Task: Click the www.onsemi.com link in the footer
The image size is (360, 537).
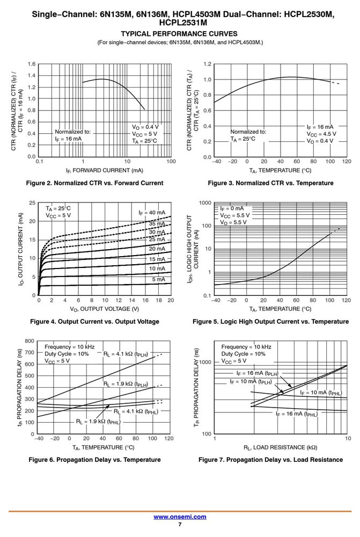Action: coord(180,517)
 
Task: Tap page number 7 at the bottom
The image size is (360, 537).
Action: coord(180,525)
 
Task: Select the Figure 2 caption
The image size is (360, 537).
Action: coord(95,183)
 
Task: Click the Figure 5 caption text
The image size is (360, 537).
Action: coord(271,321)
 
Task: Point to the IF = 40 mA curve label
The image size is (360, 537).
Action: coord(152,213)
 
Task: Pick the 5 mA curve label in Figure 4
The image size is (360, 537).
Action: coord(158,279)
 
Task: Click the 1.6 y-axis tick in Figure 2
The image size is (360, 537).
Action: coord(32,64)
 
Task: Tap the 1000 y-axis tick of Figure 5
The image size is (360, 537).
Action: coord(205,203)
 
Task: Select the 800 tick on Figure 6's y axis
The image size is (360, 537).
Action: coord(30,341)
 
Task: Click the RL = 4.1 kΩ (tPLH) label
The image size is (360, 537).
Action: coord(126,354)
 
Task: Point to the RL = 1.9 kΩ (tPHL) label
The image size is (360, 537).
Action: coord(98,422)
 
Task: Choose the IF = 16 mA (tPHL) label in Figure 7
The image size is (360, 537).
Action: coord(297,414)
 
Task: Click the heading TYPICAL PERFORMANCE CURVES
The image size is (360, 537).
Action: coord(179,33)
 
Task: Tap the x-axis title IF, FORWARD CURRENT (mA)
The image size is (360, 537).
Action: coord(105,170)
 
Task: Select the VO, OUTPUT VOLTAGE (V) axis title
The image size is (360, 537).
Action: coord(105,309)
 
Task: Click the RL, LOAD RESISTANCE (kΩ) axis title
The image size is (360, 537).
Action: coord(280,447)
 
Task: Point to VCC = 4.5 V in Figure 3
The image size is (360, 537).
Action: coord(321,134)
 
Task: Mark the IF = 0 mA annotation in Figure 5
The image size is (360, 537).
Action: coord(232,208)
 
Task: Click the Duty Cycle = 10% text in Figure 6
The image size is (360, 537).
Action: coord(67,354)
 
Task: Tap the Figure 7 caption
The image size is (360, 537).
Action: coord(271,460)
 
